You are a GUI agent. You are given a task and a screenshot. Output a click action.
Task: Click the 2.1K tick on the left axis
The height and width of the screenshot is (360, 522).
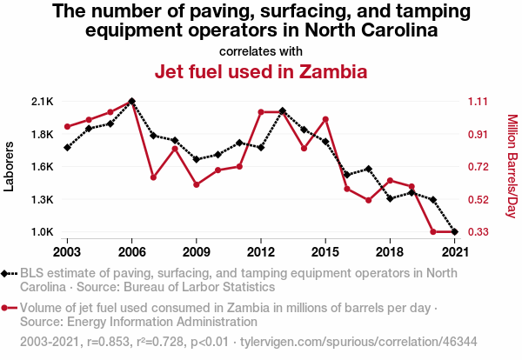[42, 102]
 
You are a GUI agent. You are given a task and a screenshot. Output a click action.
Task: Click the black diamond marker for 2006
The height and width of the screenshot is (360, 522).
[131, 101]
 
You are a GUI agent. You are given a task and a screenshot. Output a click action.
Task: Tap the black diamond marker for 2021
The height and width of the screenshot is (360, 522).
[454, 232]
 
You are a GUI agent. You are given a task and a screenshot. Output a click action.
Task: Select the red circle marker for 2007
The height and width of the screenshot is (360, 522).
[153, 177]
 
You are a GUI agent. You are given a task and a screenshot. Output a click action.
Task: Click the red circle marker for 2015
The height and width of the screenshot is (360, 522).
[325, 119]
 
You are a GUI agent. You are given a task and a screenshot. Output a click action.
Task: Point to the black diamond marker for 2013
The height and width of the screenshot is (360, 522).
[282, 110]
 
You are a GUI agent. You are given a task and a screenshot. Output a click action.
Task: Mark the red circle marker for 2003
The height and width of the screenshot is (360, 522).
[67, 127]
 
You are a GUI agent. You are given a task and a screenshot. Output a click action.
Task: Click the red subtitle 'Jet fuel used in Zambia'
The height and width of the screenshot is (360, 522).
[261, 71]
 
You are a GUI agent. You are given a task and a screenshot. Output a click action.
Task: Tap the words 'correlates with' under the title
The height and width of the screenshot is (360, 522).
[261, 50]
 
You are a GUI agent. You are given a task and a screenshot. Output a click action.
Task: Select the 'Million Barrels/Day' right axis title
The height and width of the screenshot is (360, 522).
[512, 166]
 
